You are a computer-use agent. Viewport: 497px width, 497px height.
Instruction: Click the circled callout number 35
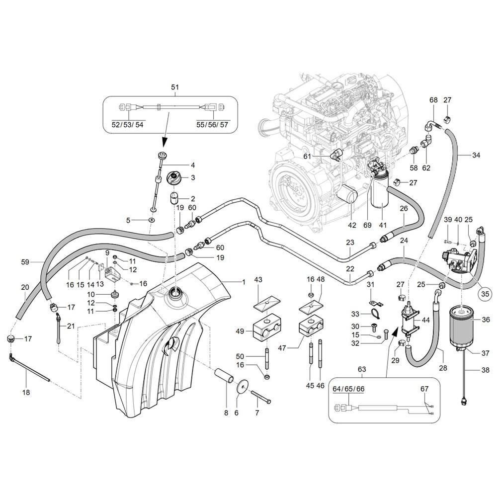[x=485, y=294]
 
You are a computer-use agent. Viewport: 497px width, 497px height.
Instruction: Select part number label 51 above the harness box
[x=175, y=87]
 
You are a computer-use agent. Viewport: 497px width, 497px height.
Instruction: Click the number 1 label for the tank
[x=244, y=282]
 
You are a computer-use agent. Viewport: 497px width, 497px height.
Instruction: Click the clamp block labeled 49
[x=267, y=330]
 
